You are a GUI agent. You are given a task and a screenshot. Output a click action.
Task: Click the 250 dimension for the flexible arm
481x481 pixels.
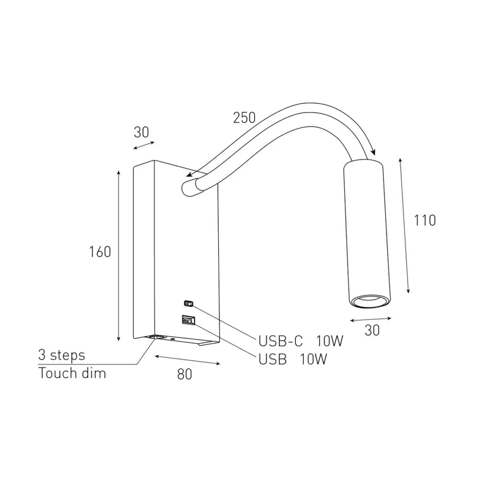[244, 117]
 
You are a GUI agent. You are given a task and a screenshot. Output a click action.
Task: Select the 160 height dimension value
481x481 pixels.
[100, 252]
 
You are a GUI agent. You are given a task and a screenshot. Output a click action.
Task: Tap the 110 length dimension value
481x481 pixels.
[425, 220]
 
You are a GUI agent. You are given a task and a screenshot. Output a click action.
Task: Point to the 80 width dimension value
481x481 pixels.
[185, 374]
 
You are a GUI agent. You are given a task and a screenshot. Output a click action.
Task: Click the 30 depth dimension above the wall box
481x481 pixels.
[141, 132]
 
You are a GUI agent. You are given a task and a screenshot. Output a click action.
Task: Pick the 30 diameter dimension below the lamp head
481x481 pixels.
[372, 330]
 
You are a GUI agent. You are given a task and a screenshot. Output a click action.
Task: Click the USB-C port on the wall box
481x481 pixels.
[189, 303]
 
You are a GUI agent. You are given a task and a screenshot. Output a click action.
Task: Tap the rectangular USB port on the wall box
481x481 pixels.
[187, 320]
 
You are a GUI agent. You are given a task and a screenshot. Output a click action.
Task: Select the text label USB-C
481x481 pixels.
[281, 341]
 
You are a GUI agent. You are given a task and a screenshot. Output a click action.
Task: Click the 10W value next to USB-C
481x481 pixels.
[330, 341]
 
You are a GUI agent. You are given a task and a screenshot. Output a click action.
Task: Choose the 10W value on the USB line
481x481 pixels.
[313, 359]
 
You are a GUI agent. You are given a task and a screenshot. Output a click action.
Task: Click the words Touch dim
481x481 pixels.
[72, 373]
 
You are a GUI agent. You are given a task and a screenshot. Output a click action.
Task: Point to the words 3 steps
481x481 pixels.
[62, 355]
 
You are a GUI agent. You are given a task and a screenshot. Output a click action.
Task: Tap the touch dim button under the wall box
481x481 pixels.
[155, 337]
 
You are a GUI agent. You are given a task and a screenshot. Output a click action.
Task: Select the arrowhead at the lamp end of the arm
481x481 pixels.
[372, 151]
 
